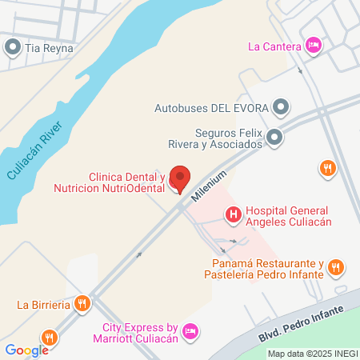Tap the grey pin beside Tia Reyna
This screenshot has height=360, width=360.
[x=13, y=48]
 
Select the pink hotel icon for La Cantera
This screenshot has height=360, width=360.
[x=314, y=45]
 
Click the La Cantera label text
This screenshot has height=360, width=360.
[x=274, y=46]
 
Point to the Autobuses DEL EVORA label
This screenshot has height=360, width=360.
[x=211, y=107]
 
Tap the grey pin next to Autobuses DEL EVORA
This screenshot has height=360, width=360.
[x=280, y=106]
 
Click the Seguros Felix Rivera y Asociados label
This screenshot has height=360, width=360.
[x=217, y=138]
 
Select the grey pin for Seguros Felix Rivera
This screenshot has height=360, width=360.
[x=274, y=138]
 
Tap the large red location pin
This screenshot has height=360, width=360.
[x=182, y=178]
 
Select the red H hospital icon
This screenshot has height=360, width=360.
[x=233, y=214]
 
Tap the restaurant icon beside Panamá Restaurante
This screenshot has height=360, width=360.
[x=336, y=267]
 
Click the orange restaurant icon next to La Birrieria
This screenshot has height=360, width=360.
[x=82, y=304]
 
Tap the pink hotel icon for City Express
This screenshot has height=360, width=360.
[x=190, y=330]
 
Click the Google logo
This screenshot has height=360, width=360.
[x=26, y=350]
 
